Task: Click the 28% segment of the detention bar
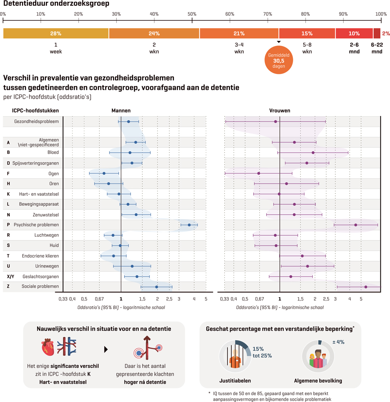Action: coord(56,34)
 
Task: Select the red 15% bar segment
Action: coord(307,34)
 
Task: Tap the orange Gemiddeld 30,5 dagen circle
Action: coord(279,61)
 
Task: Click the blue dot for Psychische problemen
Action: coord(189,225)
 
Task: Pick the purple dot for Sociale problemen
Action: coord(366,287)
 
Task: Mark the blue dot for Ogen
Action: coord(104,173)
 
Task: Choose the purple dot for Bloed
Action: coord(313,153)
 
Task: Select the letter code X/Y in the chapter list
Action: coord(10,276)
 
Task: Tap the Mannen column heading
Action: coord(121,111)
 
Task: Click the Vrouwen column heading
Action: coord(280,111)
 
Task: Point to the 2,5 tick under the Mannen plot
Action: coord(169,299)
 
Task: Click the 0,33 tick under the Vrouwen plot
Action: coord(225,299)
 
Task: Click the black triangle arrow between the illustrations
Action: coord(106,350)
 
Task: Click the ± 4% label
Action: coord(338,342)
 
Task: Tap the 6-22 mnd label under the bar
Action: coord(377,48)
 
